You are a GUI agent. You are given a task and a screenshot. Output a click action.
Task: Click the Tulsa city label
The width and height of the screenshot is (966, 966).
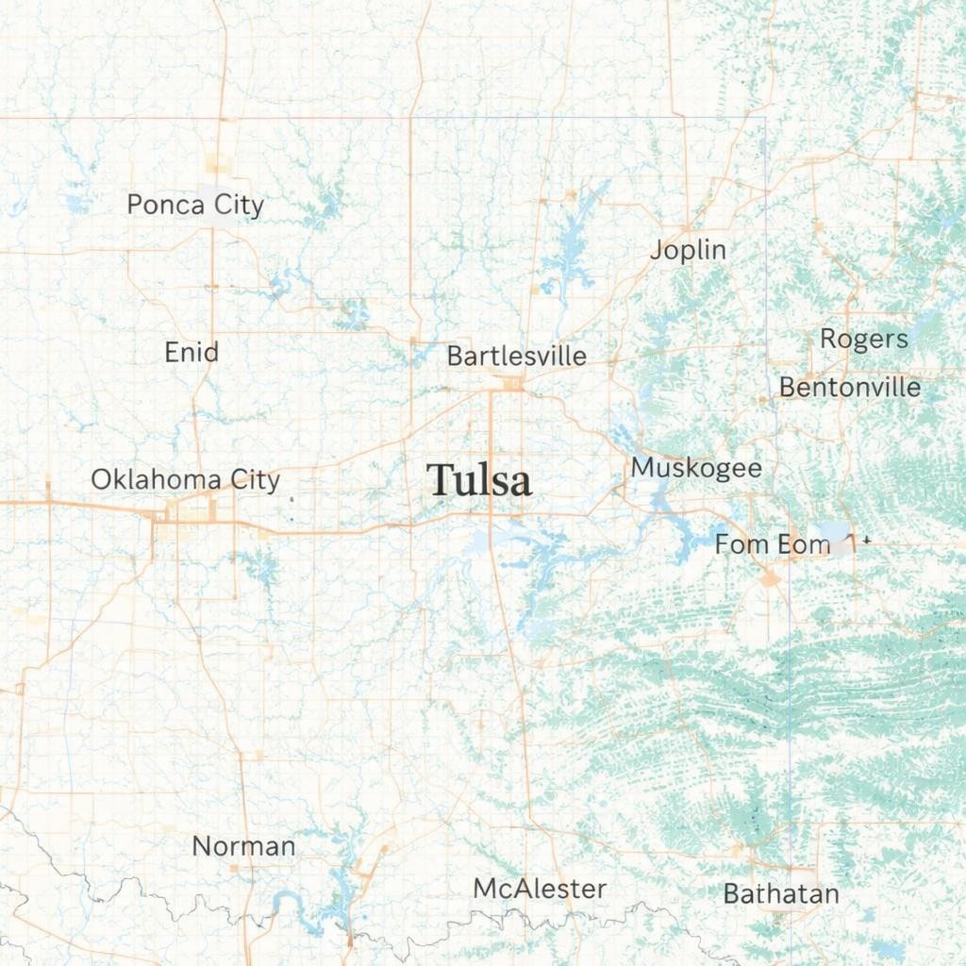point(478,480)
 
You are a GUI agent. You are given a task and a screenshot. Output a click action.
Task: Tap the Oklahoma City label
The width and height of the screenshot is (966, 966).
point(185,479)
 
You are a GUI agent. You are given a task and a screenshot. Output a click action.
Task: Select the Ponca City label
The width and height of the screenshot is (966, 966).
point(195,205)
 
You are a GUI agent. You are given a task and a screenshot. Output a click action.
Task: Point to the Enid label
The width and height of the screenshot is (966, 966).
point(192,353)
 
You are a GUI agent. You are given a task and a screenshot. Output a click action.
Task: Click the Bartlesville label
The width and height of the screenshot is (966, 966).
point(516,357)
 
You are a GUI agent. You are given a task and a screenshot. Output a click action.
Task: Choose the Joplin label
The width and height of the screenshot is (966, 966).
point(689,250)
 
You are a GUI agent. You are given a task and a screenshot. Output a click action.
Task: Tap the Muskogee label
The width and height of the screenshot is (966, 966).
point(696,468)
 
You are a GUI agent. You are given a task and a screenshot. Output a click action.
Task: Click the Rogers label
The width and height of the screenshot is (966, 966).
point(863,340)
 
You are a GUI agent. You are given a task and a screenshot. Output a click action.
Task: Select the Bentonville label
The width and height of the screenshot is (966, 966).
point(850,388)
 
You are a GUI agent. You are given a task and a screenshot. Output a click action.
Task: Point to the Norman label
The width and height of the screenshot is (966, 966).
point(243,846)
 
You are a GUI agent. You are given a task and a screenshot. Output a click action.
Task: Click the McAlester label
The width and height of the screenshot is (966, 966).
point(540,889)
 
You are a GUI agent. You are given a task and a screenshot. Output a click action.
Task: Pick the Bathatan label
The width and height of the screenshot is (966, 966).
point(781,894)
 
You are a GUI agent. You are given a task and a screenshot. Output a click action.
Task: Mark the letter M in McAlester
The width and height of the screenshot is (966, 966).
point(484,889)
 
